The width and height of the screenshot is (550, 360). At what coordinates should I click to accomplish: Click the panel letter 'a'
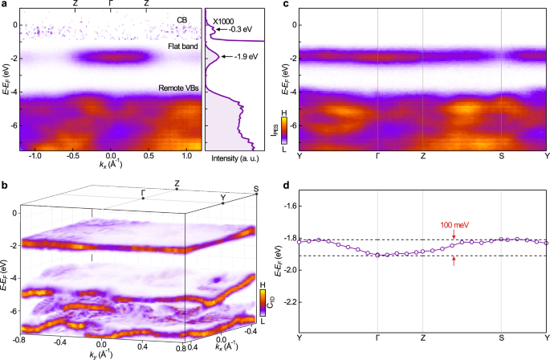coord(5,6)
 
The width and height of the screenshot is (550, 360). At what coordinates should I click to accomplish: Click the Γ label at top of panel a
coord(111,4)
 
